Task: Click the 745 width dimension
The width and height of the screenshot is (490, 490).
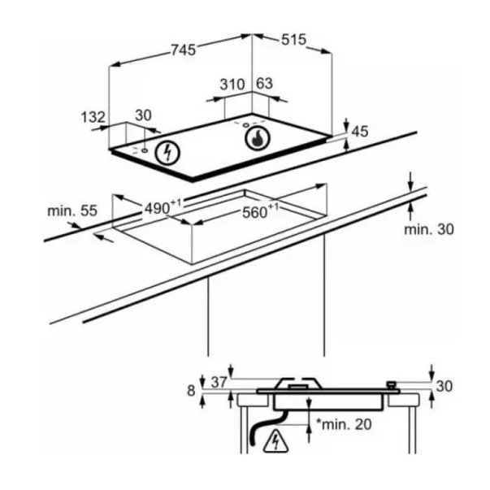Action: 184,50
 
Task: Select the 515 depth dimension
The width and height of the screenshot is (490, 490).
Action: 293,40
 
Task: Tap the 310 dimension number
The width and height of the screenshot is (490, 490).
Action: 232,85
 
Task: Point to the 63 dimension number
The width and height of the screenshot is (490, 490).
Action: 264,84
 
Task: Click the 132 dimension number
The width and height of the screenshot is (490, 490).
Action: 93,117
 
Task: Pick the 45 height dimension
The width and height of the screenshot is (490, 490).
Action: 360,132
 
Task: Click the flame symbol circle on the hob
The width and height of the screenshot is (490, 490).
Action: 258,138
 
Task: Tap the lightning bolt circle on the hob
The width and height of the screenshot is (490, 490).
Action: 168,153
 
